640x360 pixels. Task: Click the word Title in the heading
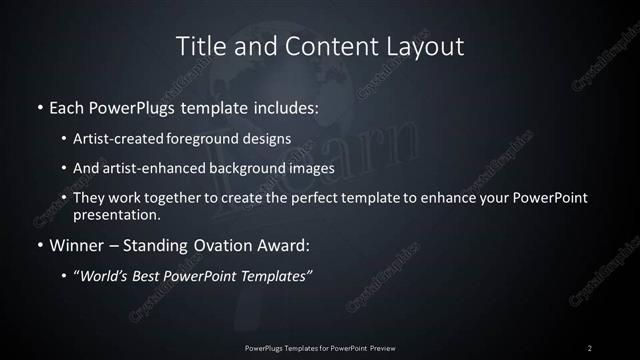pos(199,46)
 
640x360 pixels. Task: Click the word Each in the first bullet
pos(67,105)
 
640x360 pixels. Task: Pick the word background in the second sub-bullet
pos(255,168)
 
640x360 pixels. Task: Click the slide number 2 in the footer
pos(590,347)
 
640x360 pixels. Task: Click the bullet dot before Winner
pos(39,245)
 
